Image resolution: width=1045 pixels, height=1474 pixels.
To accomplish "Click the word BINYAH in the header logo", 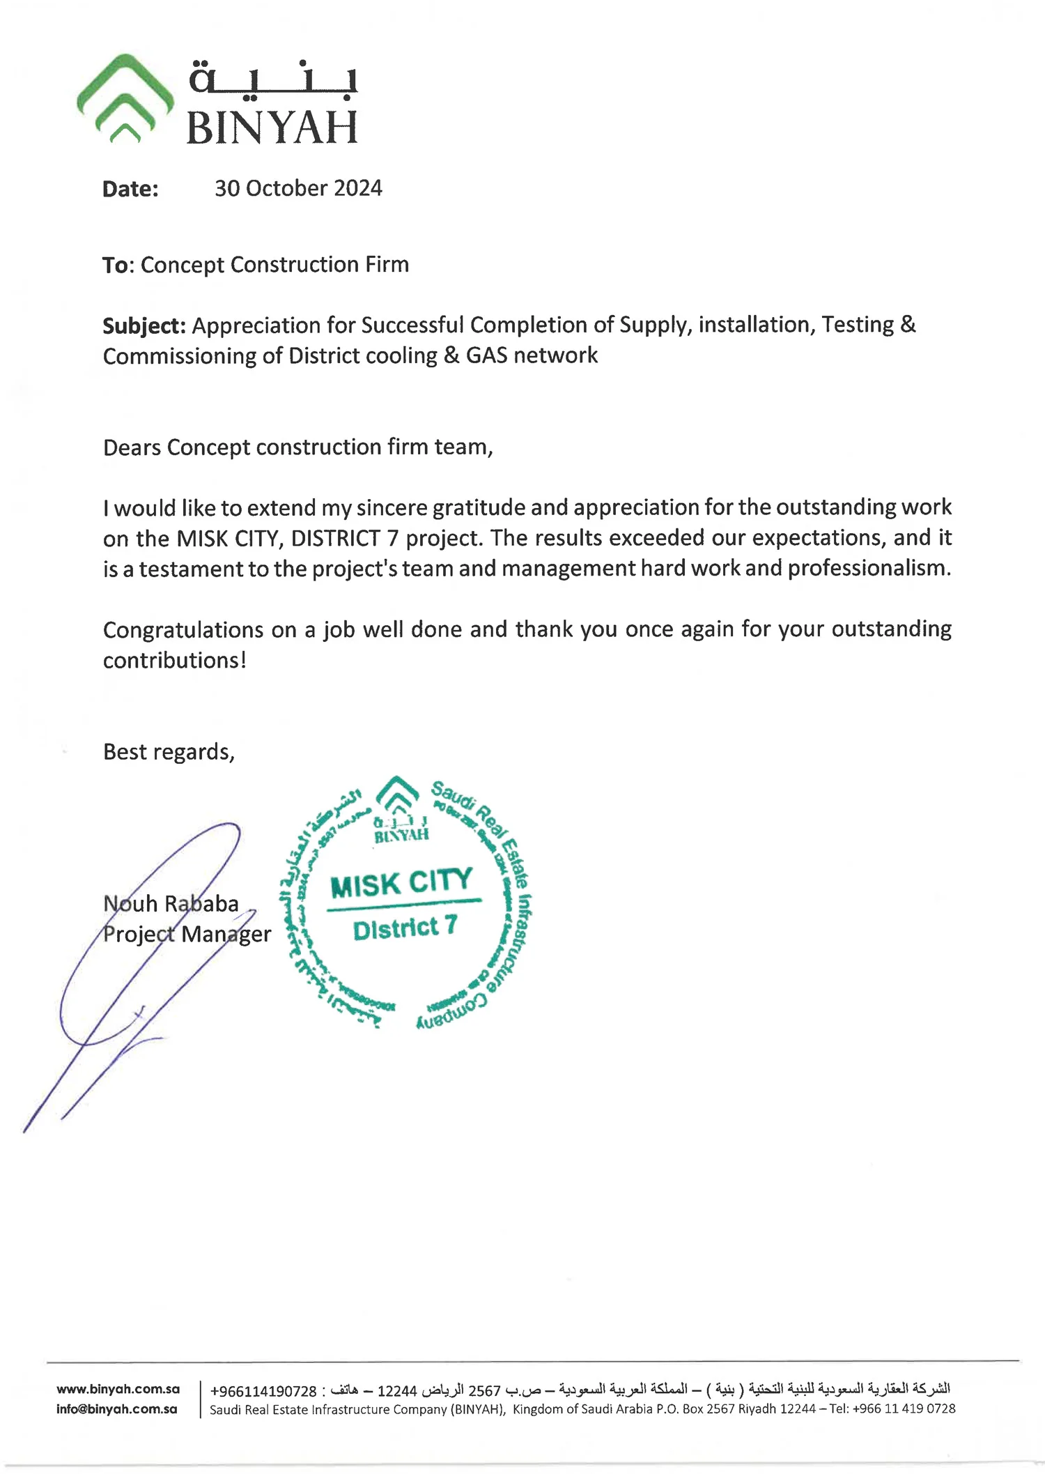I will click(x=272, y=128).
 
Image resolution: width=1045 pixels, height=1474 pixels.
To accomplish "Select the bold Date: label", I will click(x=130, y=189).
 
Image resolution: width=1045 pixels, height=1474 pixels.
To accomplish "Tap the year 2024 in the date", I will click(x=357, y=188).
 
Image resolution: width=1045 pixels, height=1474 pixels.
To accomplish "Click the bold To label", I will click(x=116, y=266).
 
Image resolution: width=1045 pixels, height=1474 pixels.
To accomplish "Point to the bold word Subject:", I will click(x=144, y=325).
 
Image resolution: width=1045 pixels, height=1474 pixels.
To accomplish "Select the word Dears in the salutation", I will click(x=132, y=447).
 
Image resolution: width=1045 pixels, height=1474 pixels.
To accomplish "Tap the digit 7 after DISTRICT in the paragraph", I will click(x=392, y=538).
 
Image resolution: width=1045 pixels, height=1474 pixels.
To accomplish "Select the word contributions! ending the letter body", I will click(x=175, y=661).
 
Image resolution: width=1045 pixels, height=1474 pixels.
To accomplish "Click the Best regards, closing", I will click(x=169, y=752).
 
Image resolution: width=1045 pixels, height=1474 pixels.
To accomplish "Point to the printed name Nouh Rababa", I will click(x=171, y=904).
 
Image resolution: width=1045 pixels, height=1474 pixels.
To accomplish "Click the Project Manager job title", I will click(x=187, y=934).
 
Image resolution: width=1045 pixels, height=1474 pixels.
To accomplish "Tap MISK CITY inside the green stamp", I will click(x=401, y=884).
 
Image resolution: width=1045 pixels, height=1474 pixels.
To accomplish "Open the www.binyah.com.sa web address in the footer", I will click(x=118, y=1389).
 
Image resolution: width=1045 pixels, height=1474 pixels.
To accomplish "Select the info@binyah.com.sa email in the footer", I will click(x=117, y=1409).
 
